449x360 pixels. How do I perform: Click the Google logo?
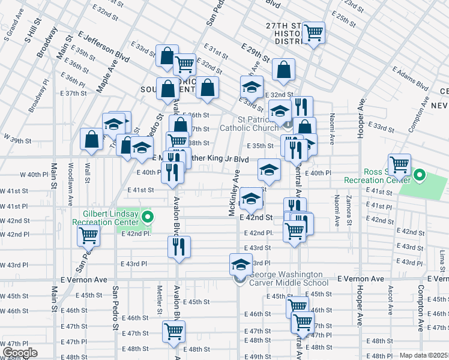coord(19,353)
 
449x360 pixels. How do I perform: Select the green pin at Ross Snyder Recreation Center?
coord(420,176)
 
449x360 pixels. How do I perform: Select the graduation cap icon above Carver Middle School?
coord(241,263)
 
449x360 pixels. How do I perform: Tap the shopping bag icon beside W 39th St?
coord(91,139)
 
